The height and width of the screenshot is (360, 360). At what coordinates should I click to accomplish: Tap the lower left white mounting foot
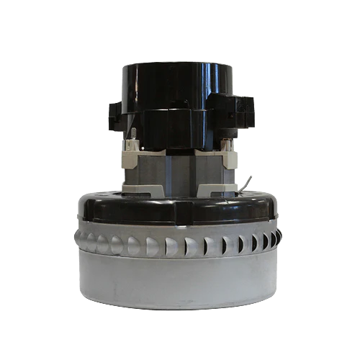[133, 189]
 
